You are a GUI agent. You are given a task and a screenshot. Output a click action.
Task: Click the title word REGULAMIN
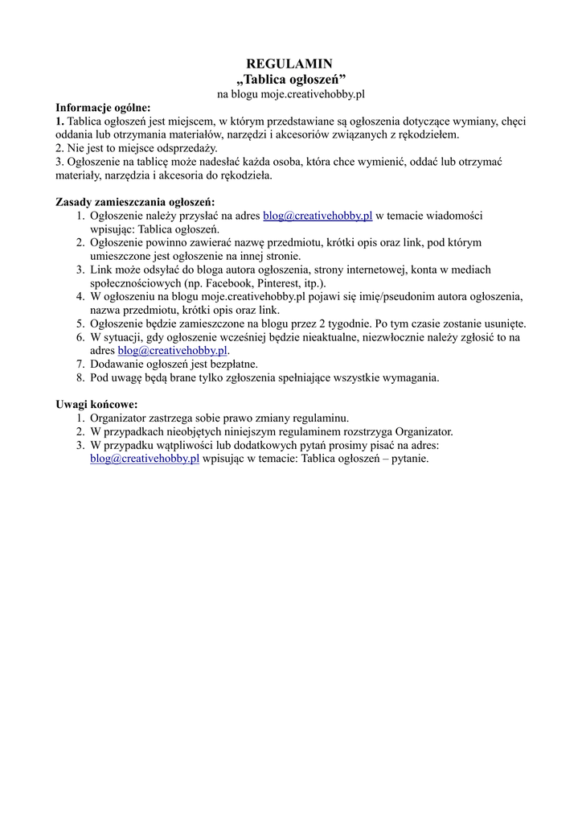click(x=289, y=64)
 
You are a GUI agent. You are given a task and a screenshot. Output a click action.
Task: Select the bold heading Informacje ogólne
click(x=103, y=107)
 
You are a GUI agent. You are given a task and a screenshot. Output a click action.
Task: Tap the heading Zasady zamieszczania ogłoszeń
click(x=135, y=201)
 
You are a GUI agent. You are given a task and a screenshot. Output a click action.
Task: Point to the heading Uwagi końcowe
click(x=96, y=404)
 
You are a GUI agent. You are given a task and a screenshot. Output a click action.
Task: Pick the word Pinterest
click(x=269, y=283)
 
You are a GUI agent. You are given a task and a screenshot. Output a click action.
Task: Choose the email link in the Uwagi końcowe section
click(x=145, y=459)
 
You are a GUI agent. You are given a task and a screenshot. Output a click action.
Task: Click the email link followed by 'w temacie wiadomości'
click(x=318, y=216)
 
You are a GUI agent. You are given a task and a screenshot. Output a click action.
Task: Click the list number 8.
click(x=80, y=377)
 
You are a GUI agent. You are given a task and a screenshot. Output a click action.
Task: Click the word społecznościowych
click(x=137, y=283)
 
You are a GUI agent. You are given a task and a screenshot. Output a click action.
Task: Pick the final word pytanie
click(x=409, y=459)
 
